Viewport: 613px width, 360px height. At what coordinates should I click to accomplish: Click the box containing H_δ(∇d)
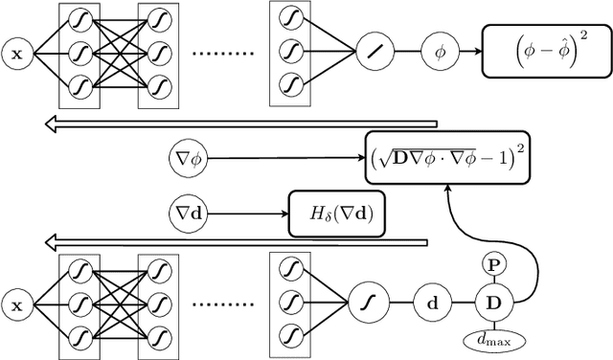(x=336, y=217)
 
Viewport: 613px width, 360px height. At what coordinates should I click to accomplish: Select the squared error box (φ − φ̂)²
(x=543, y=53)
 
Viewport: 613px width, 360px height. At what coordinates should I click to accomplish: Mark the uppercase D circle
(x=494, y=304)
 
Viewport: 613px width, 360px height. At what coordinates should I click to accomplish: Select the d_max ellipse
(x=494, y=339)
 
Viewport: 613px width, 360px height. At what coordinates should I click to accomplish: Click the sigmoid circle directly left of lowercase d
(x=365, y=304)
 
